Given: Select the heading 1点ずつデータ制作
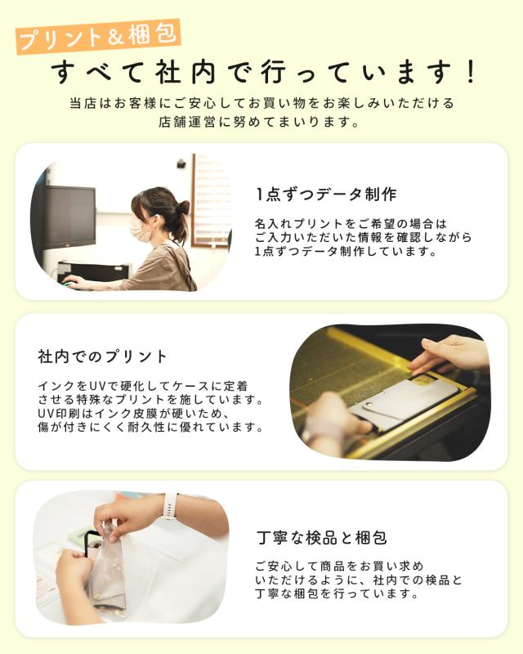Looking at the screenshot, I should pos(325,195).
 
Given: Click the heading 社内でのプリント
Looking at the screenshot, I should pos(102,356).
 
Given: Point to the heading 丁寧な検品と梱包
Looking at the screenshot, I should pos(321,538).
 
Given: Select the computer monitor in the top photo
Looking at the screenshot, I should pos(69,217).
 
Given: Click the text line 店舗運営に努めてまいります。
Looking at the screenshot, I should pos(260,123).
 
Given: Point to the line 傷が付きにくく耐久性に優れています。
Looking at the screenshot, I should pos(150,428).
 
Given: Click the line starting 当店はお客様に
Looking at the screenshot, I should pos(260,104).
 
